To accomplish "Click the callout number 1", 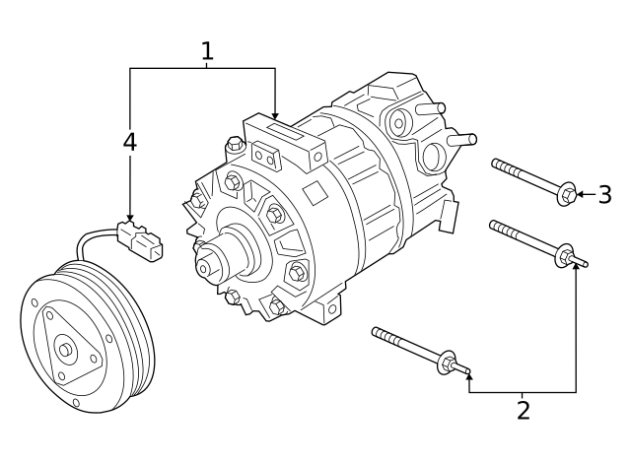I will pos(207,51).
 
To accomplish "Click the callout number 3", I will pos(604,194).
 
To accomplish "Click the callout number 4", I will pos(129,142).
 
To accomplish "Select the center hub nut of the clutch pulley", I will pos(65,350).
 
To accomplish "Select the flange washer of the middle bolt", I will pos(565,255).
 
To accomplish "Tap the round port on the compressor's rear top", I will pos(398,123).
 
